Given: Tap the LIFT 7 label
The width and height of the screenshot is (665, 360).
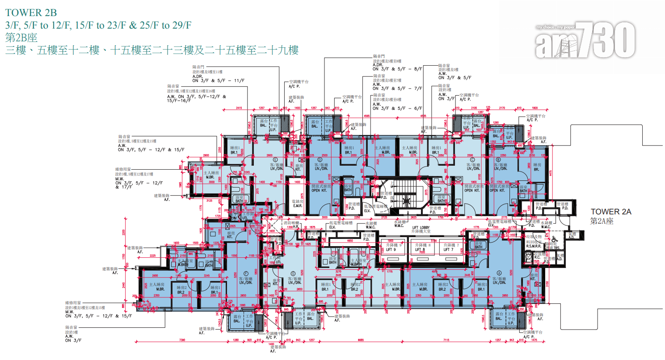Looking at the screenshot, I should pos(448,249).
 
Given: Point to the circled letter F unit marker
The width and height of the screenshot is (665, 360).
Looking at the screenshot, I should pos(245,272).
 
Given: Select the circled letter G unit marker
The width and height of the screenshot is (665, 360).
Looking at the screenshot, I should pos(293,273).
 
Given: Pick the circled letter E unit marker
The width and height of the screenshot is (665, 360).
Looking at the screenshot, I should pos(275,159).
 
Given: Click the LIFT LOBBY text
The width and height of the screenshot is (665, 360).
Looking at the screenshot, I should pos(421,227).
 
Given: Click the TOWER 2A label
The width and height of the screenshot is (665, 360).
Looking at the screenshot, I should pos(610,212).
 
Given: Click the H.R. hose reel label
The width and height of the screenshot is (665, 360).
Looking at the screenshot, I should pos(295,227).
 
